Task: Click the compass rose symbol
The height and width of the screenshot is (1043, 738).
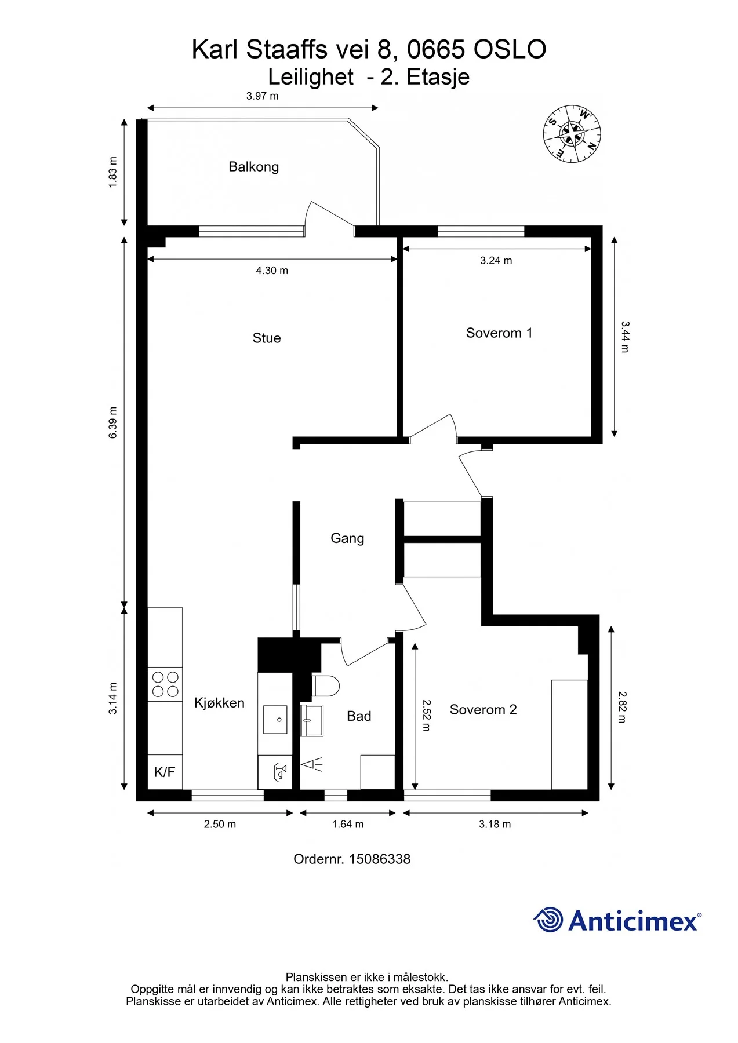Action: click(x=572, y=134)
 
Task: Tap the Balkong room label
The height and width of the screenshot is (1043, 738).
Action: click(x=253, y=167)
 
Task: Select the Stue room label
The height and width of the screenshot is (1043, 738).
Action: click(x=267, y=338)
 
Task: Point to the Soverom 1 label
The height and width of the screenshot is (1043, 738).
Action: click(x=499, y=333)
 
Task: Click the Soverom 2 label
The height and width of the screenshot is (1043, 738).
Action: click(x=483, y=710)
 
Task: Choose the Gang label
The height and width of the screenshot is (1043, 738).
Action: click(x=347, y=538)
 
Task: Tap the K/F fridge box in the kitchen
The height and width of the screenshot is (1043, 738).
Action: click(x=165, y=772)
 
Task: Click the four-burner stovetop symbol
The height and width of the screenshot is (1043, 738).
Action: click(x=165, y=684)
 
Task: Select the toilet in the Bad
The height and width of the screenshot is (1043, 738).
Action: click(x=326, y=686)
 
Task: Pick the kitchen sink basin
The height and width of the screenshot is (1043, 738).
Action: click(x=275, y=719)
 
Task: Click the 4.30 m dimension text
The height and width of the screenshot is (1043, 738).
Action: click(x=272, y=271)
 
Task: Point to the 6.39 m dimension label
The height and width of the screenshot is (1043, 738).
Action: click(x=113, y=422)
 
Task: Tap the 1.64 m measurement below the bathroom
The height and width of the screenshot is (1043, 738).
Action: click(x=348, y=824)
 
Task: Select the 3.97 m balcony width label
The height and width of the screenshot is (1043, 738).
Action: click(x=262, y=96)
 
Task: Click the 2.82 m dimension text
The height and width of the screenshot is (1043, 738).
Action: click(x=622, y=707)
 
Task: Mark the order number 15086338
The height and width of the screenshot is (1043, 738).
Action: click(x=380, y=859)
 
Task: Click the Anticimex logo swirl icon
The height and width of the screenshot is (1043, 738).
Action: click(x=548, y=920)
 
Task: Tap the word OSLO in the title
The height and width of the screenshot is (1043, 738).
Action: click(x=510, y=50)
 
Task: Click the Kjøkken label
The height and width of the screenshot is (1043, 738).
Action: click(x=219, y=703)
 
